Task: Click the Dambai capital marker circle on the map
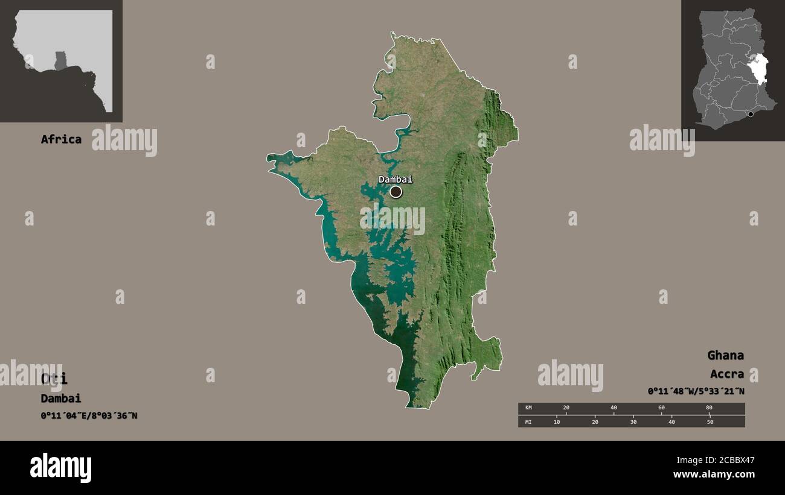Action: (x=396, y=192)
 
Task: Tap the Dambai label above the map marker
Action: (x=396, y=179)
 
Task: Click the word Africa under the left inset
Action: (x=61, y=139)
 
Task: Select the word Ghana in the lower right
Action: (x=725, y=355)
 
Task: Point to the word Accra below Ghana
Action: (x=726, y=374)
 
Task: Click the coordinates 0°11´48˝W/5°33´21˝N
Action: (x=696, y=391)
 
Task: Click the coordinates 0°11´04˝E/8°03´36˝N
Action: (x=89, y=415)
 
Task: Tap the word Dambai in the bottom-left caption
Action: (x=61, y=398)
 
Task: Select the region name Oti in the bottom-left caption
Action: (x=54, y=379)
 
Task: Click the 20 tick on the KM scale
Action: (x=566, y=408)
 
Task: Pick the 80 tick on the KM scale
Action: (x=709, y=408)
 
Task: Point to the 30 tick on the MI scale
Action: (x=633, y=421)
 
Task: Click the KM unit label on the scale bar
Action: (x=528, y=408)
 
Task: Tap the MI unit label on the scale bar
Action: (x=528, y=421)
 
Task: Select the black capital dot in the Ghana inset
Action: (x=751, y=114)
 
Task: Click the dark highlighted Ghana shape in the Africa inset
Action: (x=60, y=60)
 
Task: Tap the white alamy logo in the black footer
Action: (x=60, y=468)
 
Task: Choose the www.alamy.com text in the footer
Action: (x=714, y=475)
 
